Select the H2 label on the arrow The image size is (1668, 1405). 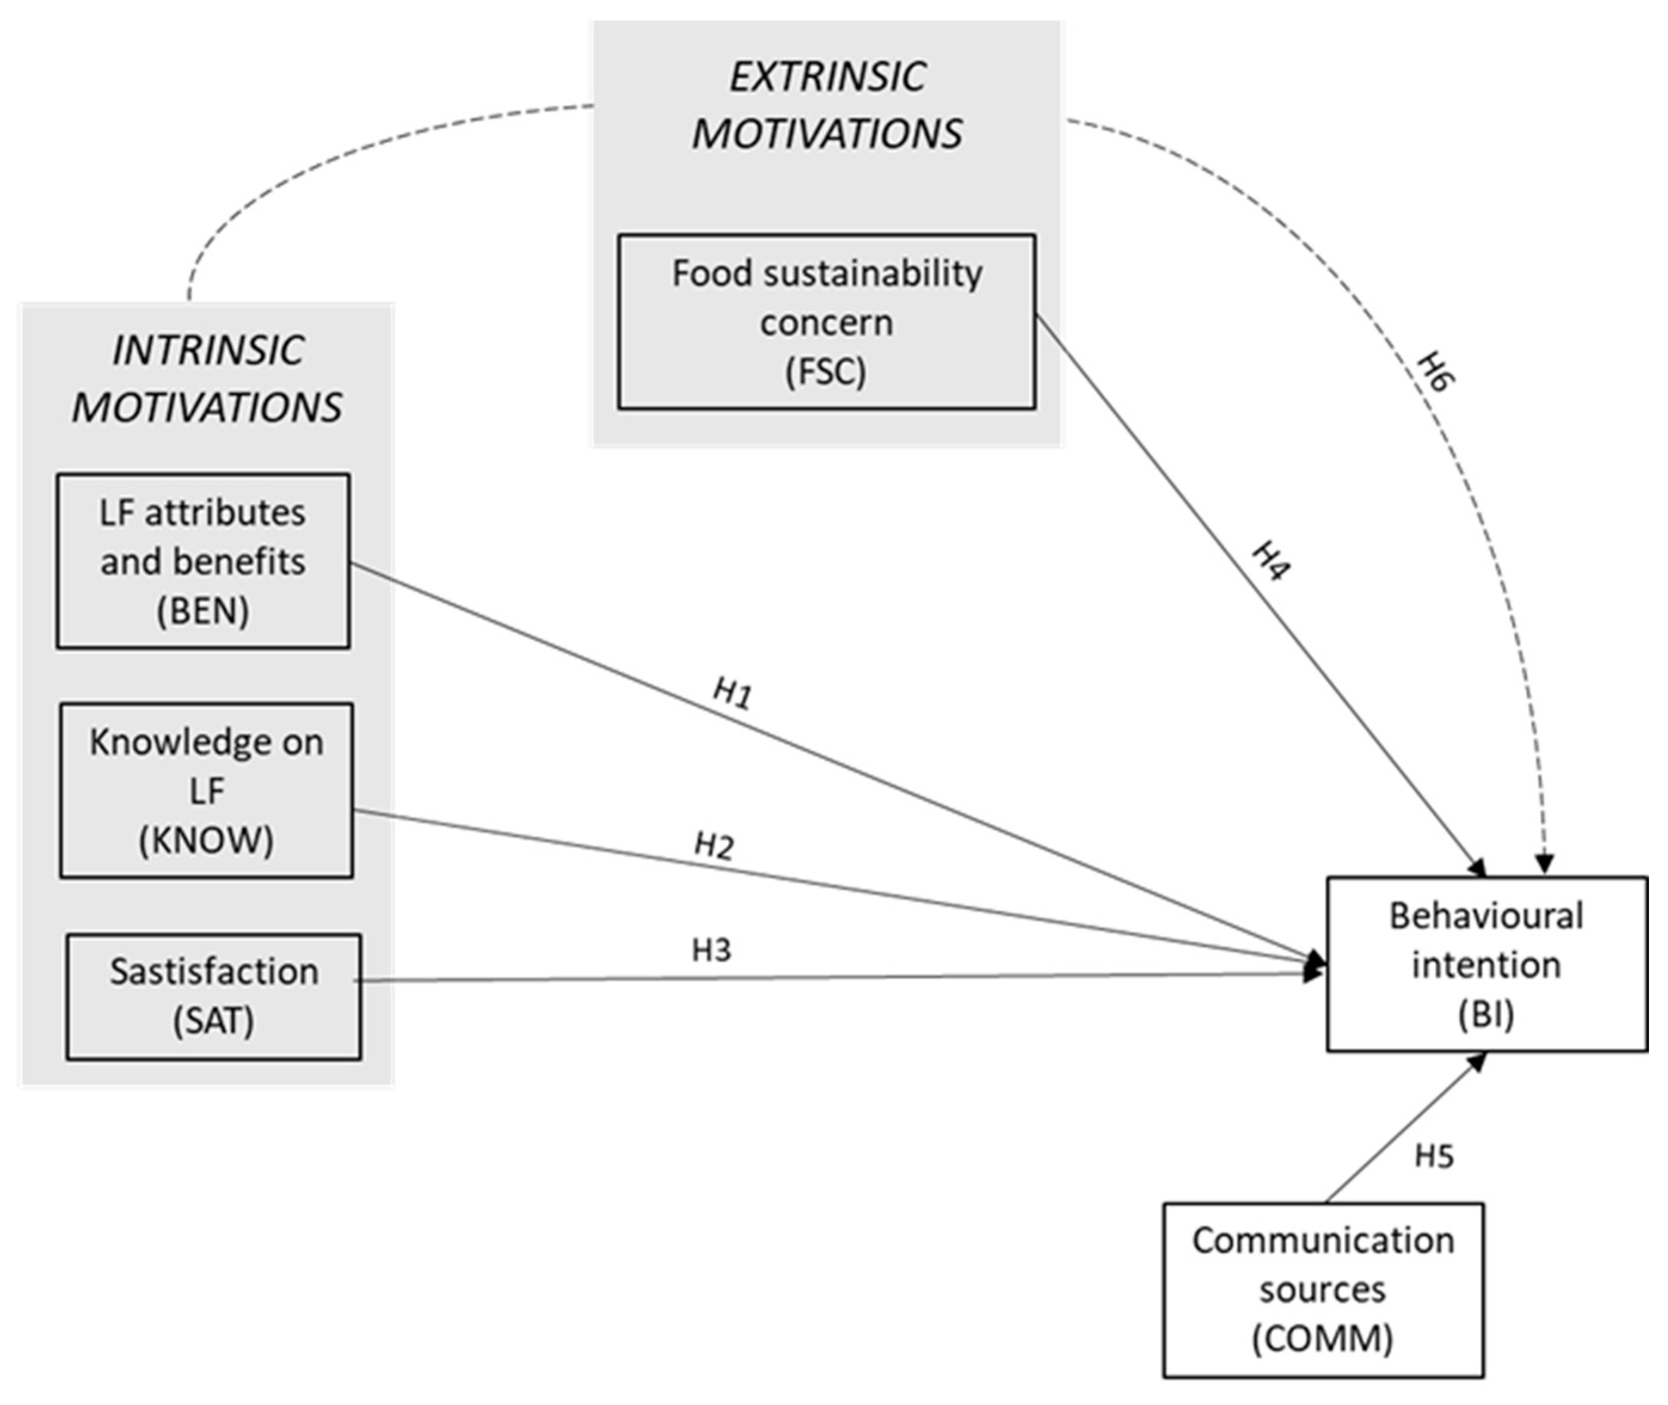click(714, 846)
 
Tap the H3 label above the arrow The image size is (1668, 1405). click(710, 950)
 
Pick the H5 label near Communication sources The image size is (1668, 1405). click(1434, 1156)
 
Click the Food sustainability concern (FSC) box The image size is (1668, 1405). click(826, 322)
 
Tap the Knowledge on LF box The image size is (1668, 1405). click(207, 790)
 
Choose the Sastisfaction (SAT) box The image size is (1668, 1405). click(214, 996)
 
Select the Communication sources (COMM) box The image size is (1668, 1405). click(1322, 1290)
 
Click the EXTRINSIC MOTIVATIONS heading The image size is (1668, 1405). click(827, 105)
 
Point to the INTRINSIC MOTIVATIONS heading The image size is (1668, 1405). click(207, 378)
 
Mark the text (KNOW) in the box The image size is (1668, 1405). click(207, 840)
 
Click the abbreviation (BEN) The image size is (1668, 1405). click(202, 611)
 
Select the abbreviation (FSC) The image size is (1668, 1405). click(826, 372)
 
